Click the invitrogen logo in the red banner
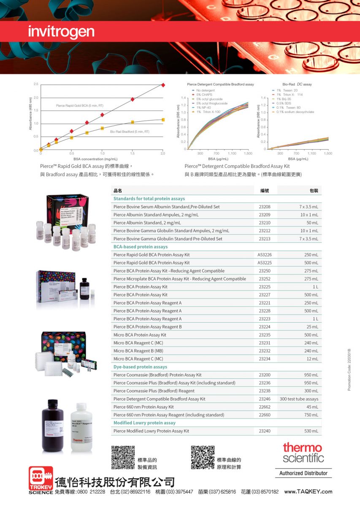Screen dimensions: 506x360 coord(61,32)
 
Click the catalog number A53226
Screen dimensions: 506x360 coord(264,255)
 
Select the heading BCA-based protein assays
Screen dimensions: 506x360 coord(141,247)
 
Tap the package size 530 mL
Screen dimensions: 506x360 coord(311,431)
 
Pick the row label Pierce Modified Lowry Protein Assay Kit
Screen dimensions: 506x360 coord(151,431)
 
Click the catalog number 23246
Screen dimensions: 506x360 coord(264,399)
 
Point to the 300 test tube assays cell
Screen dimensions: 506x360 coord(299,399)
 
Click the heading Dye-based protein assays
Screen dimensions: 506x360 coord(140,367)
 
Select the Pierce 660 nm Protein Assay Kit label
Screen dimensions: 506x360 coord(143,407)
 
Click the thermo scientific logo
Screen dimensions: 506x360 coord(303,452)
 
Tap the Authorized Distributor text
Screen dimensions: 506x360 coord(303,473)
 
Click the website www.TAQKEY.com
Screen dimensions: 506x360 coord(308,492)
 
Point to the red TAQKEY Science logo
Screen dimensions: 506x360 coord(41,479)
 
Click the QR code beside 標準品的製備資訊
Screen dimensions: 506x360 coord(123,458)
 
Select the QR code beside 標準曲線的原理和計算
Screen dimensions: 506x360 coord(203,458)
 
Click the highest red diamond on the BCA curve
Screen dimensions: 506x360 coord(163,85)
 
